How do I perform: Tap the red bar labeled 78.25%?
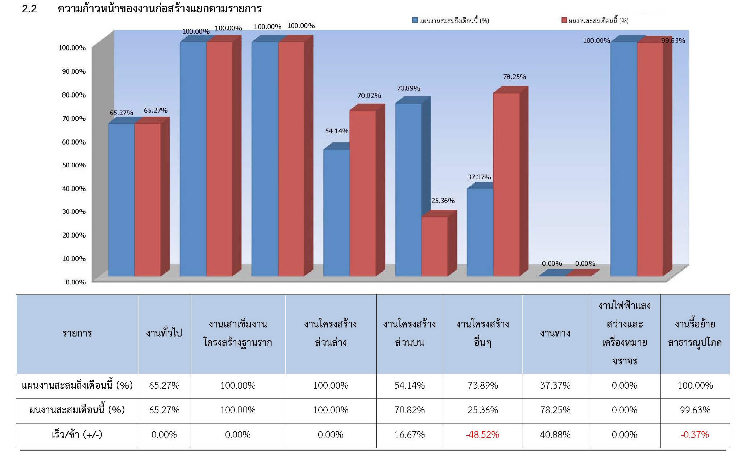(506, 184)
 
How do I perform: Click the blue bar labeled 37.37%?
(480, 232)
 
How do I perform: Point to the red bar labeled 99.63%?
(650, 159)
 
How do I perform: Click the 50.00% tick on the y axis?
(74, 165)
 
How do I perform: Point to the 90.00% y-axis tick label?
(74, 71)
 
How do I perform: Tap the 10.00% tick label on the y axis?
(74, 259)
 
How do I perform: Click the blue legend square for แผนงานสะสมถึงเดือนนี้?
(415, 20)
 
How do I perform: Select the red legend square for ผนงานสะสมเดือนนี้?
(564, 20)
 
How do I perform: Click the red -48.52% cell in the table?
(482, 435)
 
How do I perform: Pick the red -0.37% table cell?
(695, 435)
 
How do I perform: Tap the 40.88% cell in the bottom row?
(555, 435)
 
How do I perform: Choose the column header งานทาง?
(555, 333)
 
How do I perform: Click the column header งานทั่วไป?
(164, 333)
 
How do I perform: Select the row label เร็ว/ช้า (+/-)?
(77, 435)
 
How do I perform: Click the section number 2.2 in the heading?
(29, 9)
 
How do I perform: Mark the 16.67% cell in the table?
(410, 435)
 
